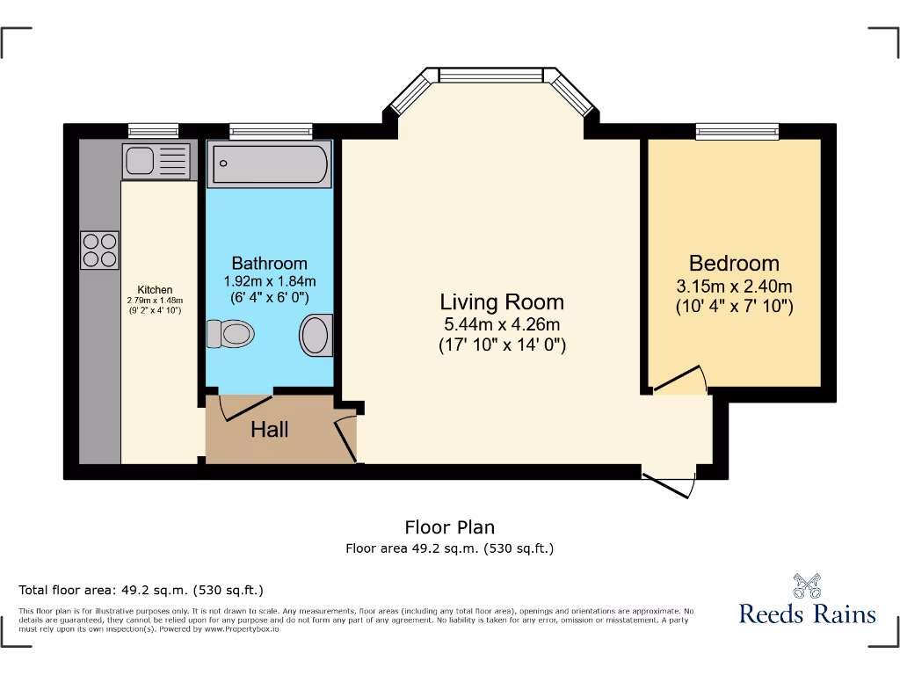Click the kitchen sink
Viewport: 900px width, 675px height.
[155, 161]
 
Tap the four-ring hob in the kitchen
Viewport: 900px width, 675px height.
[99, 249]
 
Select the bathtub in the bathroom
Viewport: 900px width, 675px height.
[270, 163]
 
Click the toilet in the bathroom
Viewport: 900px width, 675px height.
[231, 334]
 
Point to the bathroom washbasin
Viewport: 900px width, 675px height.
[316, 335]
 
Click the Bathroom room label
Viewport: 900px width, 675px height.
[269, 263]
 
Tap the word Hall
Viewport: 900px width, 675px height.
[269, 430]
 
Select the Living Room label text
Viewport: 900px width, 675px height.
[502, 302]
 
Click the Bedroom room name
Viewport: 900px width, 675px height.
[734, 263]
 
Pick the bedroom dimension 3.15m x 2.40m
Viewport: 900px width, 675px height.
[734, 287]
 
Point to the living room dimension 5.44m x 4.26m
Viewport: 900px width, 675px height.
[502, 324]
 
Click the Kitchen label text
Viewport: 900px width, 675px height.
[155, 289]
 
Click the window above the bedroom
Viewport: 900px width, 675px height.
[737, 131]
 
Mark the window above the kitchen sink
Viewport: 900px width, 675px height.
[153, 131]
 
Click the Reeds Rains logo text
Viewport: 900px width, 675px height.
[807, 613]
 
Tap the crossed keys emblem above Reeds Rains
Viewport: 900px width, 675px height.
[807, 585]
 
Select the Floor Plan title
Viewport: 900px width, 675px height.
[449, 527]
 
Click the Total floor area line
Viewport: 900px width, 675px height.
[142, 590]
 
